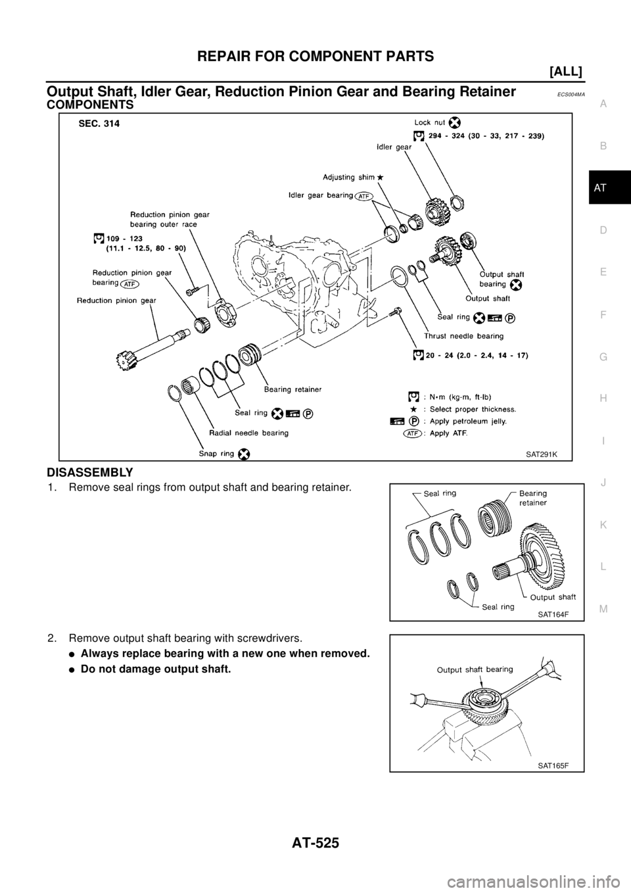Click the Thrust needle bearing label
click(x=468, y=335)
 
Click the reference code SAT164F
click(x=553, y=614)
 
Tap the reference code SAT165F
click(x=553, y=765)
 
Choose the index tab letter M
click(x=603, y=608)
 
